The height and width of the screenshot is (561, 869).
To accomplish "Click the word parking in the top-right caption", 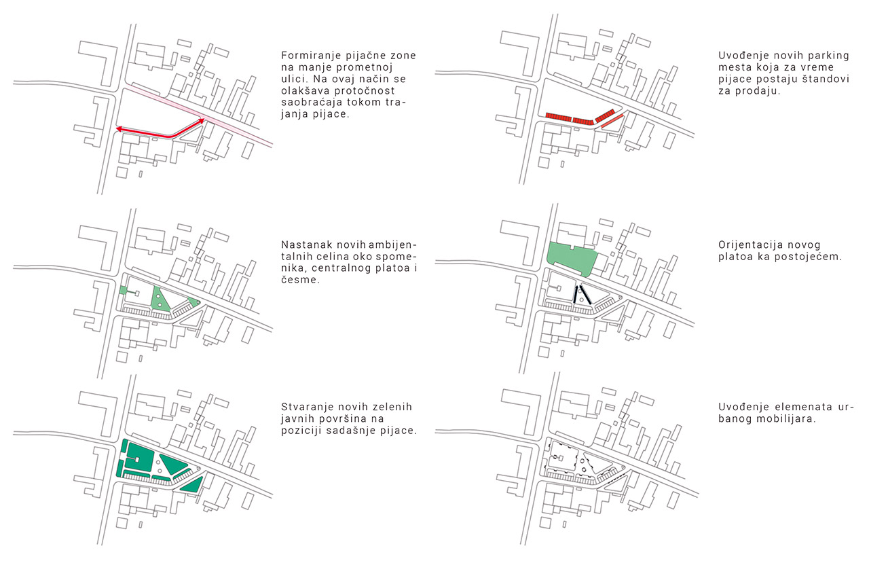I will pos(811,56).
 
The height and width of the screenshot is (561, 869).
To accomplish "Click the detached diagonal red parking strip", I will pos(611,122).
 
